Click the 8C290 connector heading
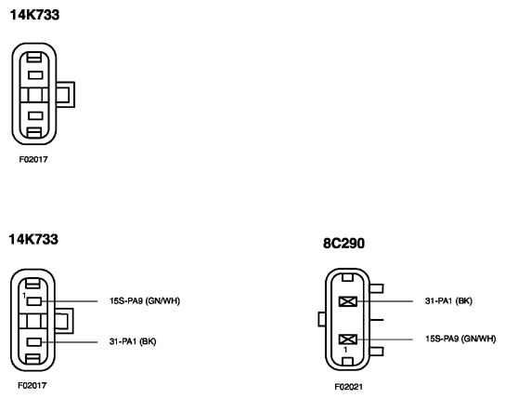(x=343, y=244)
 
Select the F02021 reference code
(x=348, y=386)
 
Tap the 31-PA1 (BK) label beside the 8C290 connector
(x=448, y=301)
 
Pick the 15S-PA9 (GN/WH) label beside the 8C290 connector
(x=460, y=339)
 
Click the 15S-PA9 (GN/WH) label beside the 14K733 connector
(x=145, y=301)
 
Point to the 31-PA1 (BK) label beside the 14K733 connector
(x=133, y=341)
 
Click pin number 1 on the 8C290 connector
(x=345, y=350)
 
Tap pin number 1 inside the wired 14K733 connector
(x=24, y=295)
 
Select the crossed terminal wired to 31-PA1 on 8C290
(x=348, y=301)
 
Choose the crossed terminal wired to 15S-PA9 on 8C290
(x=348, y=339)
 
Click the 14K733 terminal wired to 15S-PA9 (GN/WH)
(x=34, y=301)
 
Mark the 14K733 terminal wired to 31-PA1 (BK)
(x=34, y=342)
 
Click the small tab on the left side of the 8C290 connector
(x=322, y=319)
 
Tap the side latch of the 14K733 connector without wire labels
(x=65, y=95)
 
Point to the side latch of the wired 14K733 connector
(x=64, y=321)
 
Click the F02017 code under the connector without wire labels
(x=33, y=159)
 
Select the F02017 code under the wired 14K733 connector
(x=32, y=385)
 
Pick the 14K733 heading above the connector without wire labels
(x=34, y=15)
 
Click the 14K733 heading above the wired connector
(x=33, y=239)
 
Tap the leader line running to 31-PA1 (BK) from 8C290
(x=384, y=301)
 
